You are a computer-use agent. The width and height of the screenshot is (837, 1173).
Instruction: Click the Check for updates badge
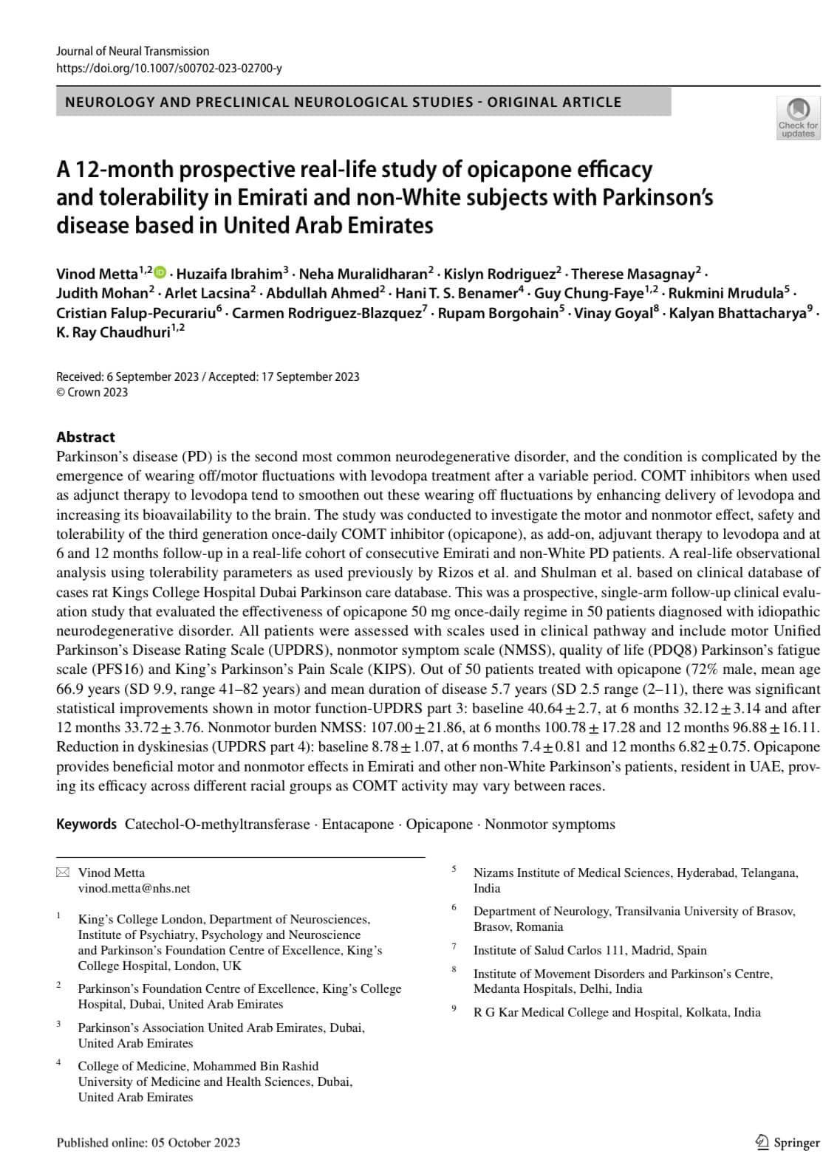[x=798, y=118]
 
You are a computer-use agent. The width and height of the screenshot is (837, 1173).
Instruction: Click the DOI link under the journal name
[x=169, y=69]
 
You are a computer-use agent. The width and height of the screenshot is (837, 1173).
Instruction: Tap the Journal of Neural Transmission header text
[x=133, y=51]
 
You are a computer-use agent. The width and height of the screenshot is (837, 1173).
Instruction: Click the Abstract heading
[x=86, y=437]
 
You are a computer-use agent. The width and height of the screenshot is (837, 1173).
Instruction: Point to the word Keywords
[x=86, y=824]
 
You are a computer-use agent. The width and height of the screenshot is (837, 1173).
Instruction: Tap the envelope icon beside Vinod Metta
[x=62, y=873]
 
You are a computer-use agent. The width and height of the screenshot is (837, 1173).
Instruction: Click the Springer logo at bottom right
[x=788, y=1142]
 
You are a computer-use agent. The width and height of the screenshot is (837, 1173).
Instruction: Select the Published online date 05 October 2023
[x=196, y=1143]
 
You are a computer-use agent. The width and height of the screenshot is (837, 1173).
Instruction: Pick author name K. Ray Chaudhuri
[x=113, y=333]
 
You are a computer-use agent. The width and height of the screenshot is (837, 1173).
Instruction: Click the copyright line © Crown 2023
[x=92, y=392]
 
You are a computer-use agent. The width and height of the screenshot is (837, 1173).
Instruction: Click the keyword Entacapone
[x=358, y=824]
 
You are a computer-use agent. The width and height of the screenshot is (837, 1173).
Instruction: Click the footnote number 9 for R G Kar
[x=454, y=1008]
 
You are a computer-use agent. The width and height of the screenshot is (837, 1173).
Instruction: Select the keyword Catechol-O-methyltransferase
[x=217, y=824]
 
